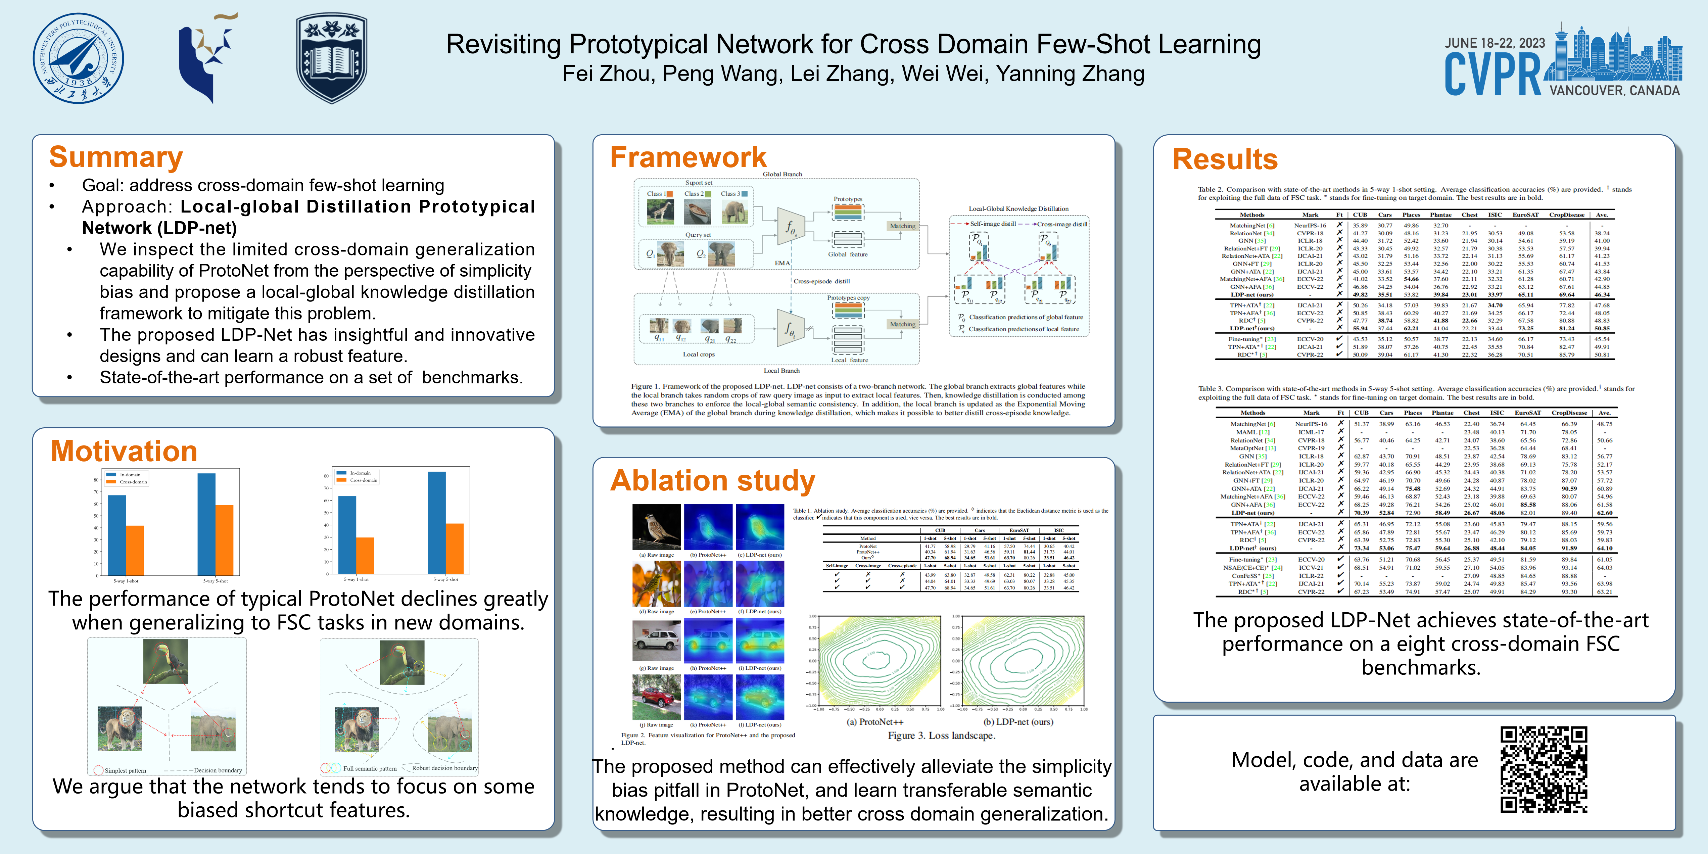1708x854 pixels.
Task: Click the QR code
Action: click(1544, 769)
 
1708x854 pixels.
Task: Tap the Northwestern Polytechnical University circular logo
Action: click(78, 58)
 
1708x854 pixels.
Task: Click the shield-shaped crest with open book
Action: click(332, 58)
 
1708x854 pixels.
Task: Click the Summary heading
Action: click(116, 157)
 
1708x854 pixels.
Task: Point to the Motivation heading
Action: click(124, 452)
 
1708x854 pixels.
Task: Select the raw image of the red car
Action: click(656, 698)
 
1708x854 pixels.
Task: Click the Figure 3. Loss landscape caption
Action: click(942, 735)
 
